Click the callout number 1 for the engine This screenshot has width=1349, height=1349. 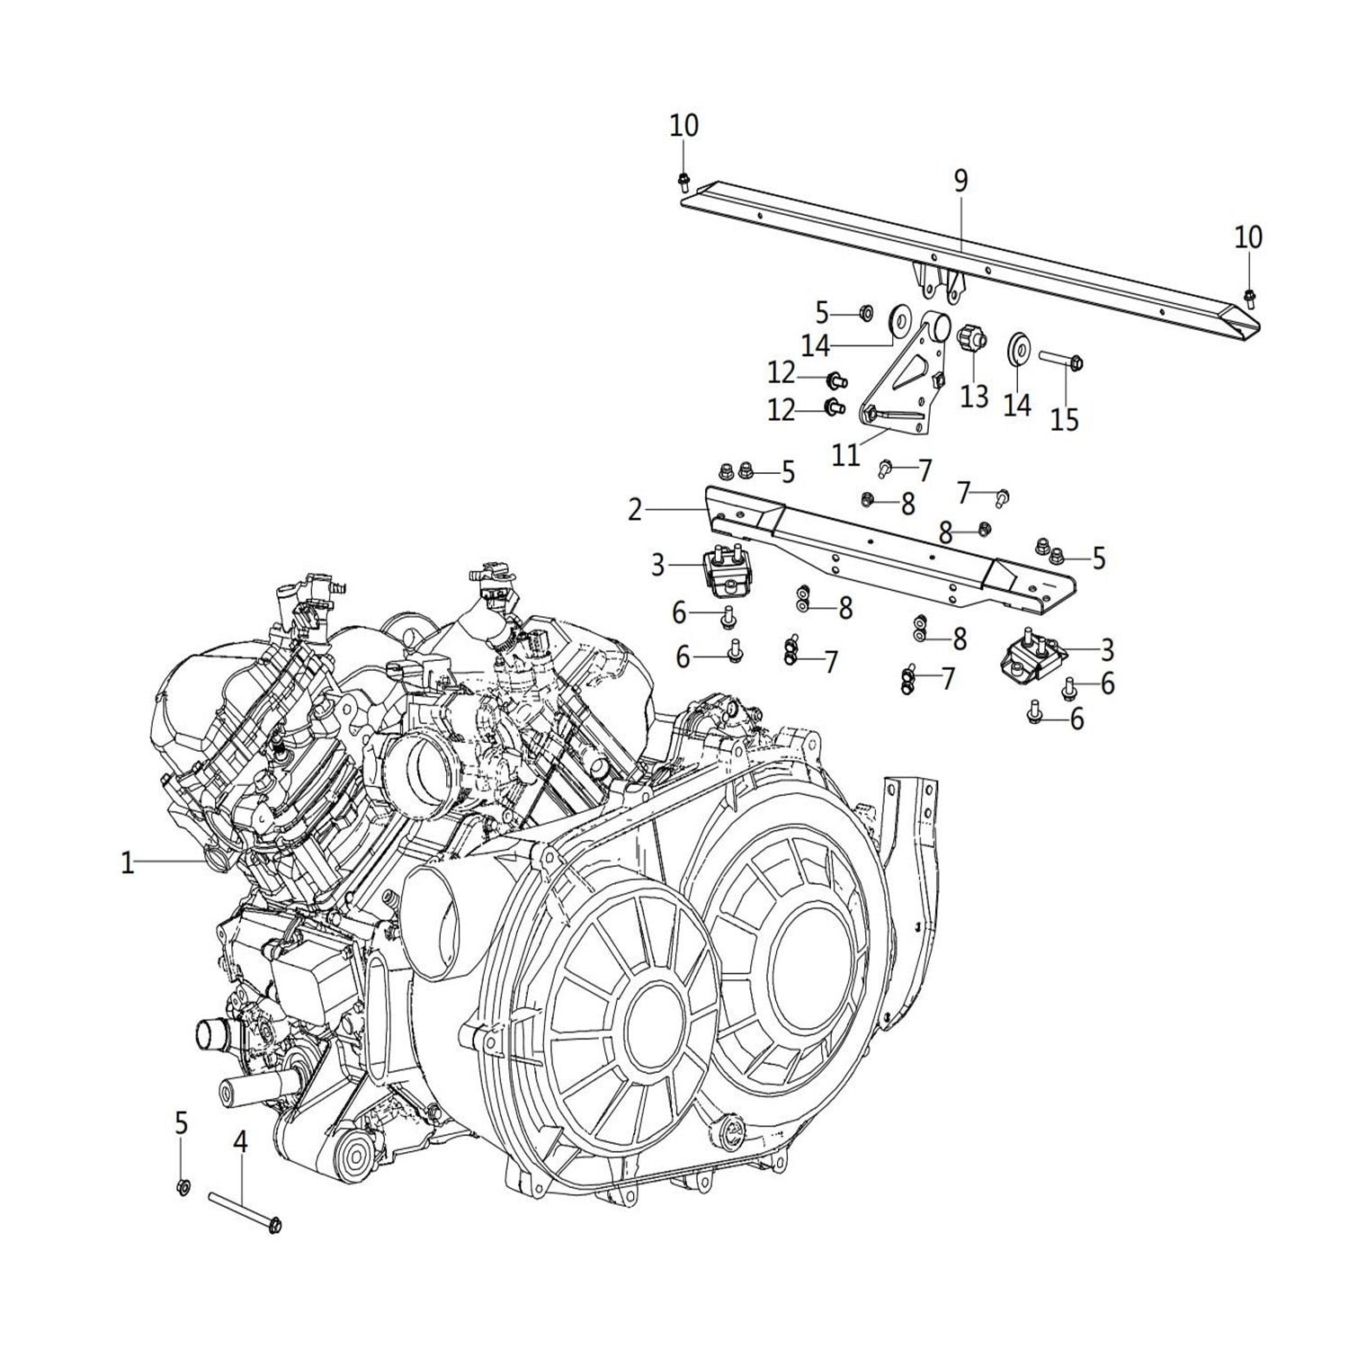(x=128, y=863)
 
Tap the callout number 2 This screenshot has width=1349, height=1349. (x=636, y=510)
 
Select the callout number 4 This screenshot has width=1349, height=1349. (x=240, y=1142)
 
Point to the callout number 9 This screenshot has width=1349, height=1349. (x=960, y=181)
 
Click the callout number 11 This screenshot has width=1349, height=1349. (x=845, y=455)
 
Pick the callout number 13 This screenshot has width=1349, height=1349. (x=974, y=396)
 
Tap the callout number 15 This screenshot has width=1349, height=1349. (x=1064, y=419)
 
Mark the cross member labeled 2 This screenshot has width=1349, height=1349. (x=881, y=549)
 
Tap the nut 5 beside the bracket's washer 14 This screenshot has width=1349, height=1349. (x=866, y=313)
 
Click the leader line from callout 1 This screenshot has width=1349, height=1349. (x=171, y=862)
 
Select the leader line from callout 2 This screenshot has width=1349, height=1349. (x=674, y=510)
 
